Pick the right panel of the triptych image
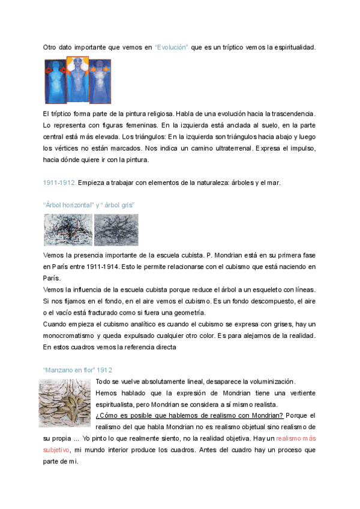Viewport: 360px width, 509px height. tap(100, 82)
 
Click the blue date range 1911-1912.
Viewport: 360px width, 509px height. tap(58, 182)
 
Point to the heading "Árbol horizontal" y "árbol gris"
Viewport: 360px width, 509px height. tap(89, 205)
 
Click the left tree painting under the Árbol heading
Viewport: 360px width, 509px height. tap(68, 230)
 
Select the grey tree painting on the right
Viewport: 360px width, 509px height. tap(116, 230)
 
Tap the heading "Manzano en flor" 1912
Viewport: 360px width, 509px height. tap(78, 370)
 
